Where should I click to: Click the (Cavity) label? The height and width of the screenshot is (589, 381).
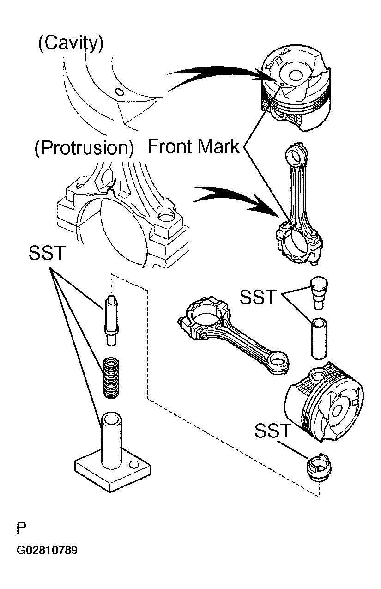pos(71,43)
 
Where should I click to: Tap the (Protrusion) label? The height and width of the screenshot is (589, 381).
pos(84,148)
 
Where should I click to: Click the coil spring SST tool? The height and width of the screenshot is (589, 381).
pos(111,377)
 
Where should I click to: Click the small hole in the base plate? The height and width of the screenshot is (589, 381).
pos(134,465)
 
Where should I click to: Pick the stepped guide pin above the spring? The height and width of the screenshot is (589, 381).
pos(111,320)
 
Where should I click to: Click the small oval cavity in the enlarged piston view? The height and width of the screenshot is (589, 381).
pos(119,92)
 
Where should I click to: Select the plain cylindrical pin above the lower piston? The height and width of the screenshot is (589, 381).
pos(319,338)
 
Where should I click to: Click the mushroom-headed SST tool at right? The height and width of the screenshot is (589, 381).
pos(319,292)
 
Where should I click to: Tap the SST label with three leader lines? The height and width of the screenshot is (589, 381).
pos(47,253)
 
